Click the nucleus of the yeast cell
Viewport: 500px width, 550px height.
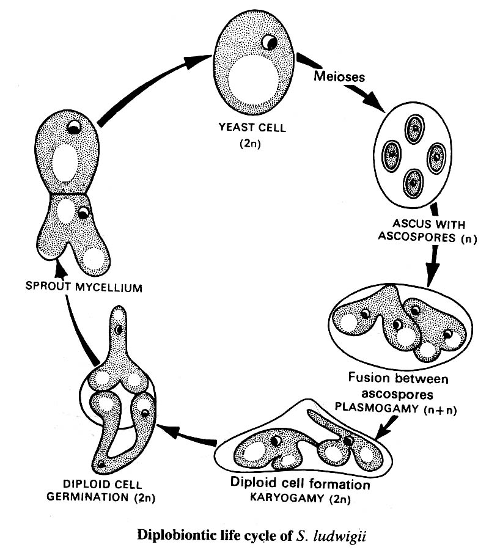click(x=269, y=42)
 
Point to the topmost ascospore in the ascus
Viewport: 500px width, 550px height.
click(x=415, y=130)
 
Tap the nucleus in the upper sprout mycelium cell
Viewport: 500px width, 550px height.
click(x=73, y=128)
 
